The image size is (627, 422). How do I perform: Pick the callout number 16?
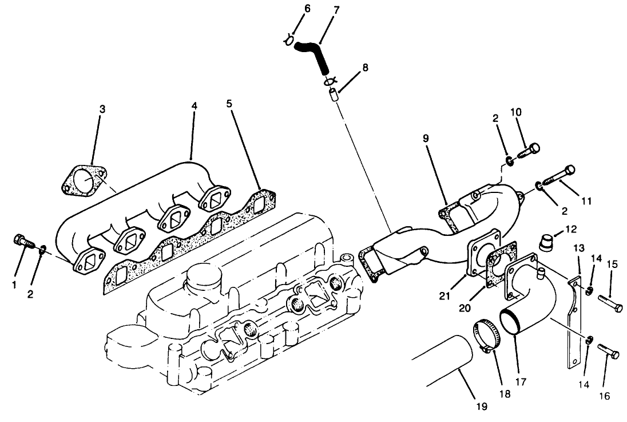[x=605, y=396]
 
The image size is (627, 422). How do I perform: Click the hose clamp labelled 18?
[x=485, y=334]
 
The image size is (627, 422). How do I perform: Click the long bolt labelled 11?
[x=558, y=176]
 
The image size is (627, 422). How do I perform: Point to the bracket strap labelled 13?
[x=573, y=321]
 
